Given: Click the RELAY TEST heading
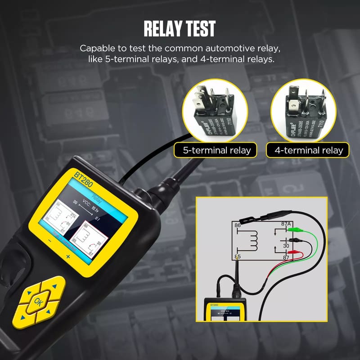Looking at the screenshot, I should click(180, 28).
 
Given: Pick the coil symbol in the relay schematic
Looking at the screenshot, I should click(254, 241).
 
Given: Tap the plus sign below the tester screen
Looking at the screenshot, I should click(68, 256).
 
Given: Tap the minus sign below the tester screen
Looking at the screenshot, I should click(49, 241).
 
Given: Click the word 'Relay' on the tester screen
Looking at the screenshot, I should click(97, 197).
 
